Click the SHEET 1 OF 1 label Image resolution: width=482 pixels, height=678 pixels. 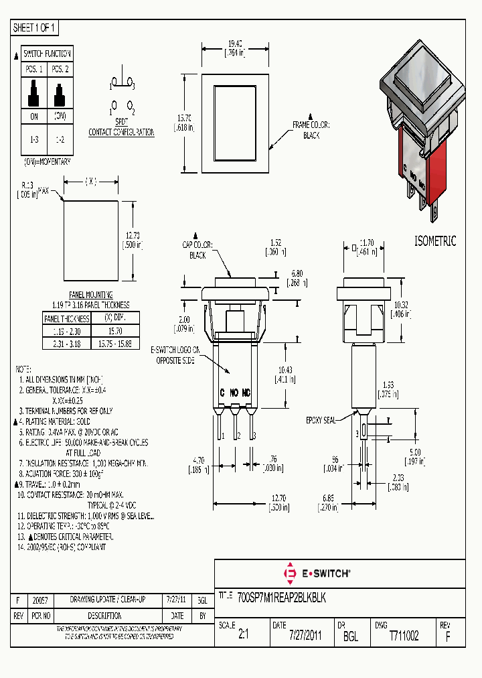tap(35, 28)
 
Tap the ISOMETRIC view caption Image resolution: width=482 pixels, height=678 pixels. tap(435, 241)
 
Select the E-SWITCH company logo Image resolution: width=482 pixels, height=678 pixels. tap(317, 573)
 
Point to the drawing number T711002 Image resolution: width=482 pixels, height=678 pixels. tap(404, 636)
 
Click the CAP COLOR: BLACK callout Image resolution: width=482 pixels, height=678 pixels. tap(197, 251)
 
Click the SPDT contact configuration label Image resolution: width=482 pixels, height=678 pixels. tap(121, 128)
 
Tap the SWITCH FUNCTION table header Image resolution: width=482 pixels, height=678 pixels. tap(47, 54)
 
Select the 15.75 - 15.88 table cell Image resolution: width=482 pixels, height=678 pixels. tap(114, 342)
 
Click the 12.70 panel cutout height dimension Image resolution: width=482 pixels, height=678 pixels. tap(131, 240)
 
